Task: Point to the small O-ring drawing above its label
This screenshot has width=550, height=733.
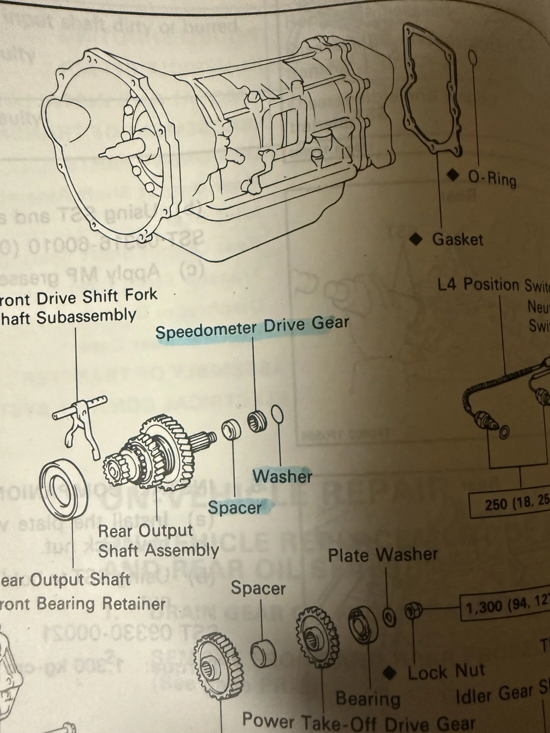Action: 472,57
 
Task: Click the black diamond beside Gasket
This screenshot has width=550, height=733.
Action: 415,239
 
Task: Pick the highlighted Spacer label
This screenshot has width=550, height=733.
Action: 235,507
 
